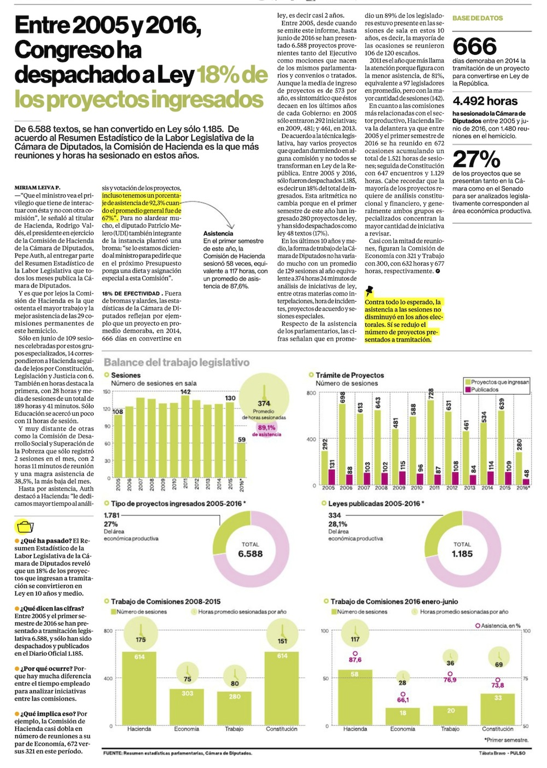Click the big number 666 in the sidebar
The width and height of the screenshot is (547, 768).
(475, 46)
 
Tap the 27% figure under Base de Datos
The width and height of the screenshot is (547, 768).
(476, 159)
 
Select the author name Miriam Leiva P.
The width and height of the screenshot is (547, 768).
(38, 188)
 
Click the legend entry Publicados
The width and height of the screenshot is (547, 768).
(485, 390)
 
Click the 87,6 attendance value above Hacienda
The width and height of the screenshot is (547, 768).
(355, 660)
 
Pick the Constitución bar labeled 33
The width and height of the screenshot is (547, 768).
(498, 709)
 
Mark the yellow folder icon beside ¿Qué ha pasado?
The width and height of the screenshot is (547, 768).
(25, 527)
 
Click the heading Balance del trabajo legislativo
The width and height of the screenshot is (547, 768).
(176, 362)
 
